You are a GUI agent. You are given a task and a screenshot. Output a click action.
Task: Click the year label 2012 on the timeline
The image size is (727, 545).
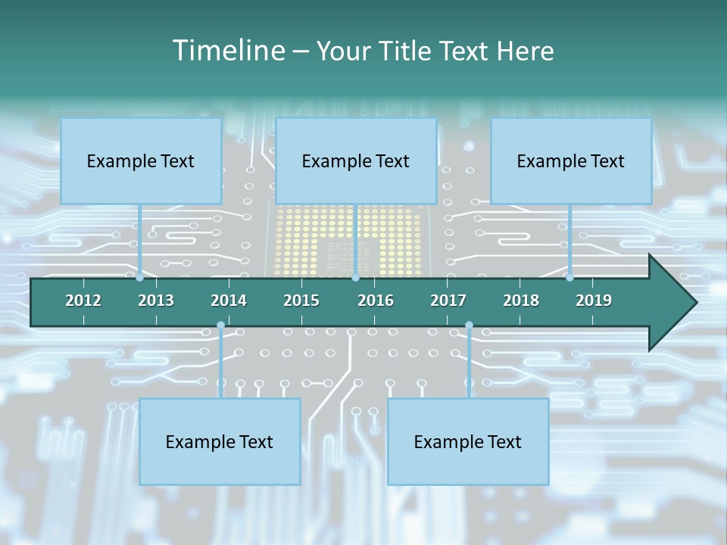pyautogui.click(x=83, y=301)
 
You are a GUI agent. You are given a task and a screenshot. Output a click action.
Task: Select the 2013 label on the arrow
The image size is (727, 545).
pyautogui.click(x=156, y=301)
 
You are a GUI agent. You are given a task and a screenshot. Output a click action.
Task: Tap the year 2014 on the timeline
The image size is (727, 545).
pyautogui.click(x=229, y=301)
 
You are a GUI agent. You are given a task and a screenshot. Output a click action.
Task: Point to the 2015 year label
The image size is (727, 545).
pyautogui.click(x=301, y=301)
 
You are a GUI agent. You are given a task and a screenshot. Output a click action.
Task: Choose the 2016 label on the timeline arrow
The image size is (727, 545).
pyautogui.click(x=376, y=301)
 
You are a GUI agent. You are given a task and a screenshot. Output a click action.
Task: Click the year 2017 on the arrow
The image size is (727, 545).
pyautogui.click(x=448, y=301)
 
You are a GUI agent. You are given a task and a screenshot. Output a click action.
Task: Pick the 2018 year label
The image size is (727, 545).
pyautogui.click(x=521, y=301)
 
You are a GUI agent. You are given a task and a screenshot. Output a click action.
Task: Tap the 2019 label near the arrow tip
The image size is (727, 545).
pyautogui.click(x=594, y=301)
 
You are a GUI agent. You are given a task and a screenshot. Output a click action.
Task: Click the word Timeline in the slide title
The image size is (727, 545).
pyautogui.click(x=227, y=51)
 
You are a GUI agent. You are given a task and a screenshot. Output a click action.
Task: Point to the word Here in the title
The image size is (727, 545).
pyautogui.click(x=525, y=51)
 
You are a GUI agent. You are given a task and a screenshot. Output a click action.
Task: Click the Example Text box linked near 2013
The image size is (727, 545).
pyautogui.click(x=141, y=160)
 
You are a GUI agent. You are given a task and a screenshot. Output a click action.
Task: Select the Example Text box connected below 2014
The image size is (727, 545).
pyautogui.click(x=220, y=441)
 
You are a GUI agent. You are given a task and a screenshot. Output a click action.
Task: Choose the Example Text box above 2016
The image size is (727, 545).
pyautogui.click(x=356, y=160)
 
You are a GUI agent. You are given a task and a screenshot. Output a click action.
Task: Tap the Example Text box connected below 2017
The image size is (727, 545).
pyautogui.click(x=468, y=441)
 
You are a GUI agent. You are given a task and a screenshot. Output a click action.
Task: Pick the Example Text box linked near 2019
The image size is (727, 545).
pyautogui.click(x=571, y=160)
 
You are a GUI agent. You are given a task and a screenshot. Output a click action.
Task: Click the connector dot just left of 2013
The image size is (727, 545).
pyautogui.click(x=140, y=278)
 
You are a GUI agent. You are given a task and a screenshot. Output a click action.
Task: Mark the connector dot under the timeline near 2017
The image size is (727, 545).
pyautogui.click(x=469, y=325)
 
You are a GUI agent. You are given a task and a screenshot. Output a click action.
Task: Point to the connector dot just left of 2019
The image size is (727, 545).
pyautogui.click(x=569, y=278)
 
